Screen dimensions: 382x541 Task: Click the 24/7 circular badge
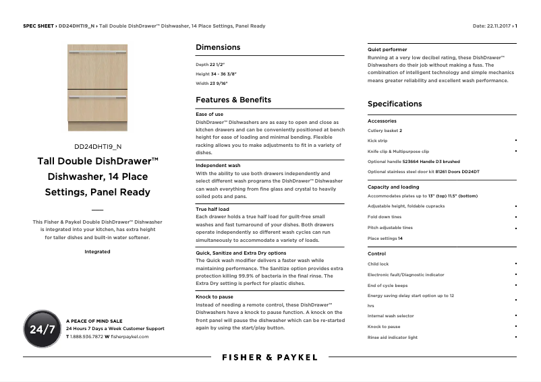(x=42, y=329)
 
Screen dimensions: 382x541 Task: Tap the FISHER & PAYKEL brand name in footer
(x=270, y=357)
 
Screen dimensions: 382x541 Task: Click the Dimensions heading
(x=217, y=47)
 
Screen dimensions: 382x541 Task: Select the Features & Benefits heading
(x=233, y=100)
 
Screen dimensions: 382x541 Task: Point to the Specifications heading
(x=395, y=104)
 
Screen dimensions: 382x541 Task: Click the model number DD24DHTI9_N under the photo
(x=98, y=146)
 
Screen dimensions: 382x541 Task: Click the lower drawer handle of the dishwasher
(x=98, y=97)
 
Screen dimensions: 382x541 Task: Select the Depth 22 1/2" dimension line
(x=210, y=64)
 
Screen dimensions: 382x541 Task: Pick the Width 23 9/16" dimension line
(x=212, y=84)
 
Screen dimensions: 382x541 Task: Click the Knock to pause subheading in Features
(x=215, y=296)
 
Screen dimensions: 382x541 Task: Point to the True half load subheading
(x=212, y=209)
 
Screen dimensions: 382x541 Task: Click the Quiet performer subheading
(x=387, y=50)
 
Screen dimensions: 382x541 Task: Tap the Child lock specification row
(x=378, y=264)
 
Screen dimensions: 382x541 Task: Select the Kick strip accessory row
(x=377, y=141)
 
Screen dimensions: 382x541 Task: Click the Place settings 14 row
(x=385, y=238)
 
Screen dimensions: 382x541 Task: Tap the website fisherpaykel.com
(x=130, y=336)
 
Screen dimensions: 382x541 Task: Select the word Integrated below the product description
(x=97, y=251)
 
